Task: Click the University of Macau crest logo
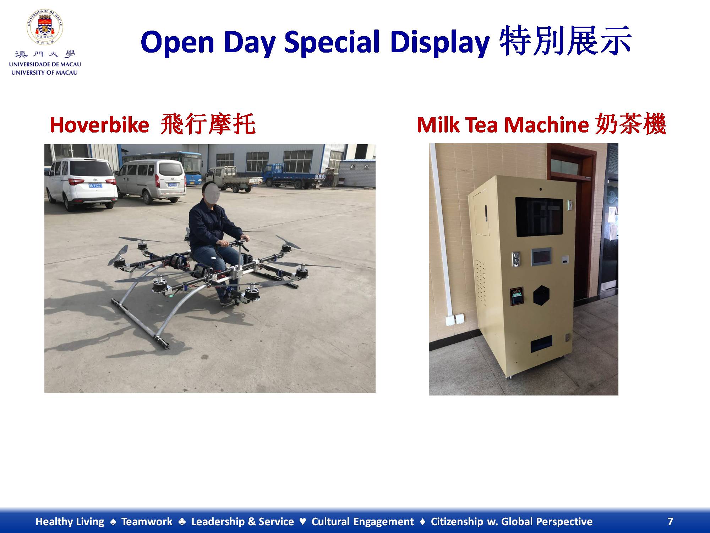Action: coord(45,27)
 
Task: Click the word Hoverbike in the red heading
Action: coord(99,125)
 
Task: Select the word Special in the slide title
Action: coord(332,42)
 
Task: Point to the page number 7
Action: coord(670,522)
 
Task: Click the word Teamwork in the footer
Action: coord(147,522)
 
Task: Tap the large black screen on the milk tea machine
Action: coord(539,217)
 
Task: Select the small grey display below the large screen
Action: coord(541,257)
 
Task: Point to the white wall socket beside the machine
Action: coord(455,319)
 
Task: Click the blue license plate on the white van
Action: coord(95,185)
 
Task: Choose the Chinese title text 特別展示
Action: coord(565,41)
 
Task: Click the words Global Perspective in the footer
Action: coord(547,522)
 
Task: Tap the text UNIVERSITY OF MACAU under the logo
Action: coord(44,72)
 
